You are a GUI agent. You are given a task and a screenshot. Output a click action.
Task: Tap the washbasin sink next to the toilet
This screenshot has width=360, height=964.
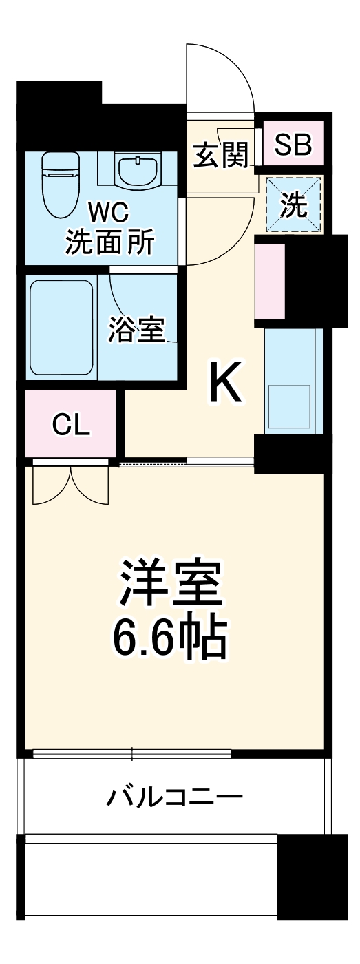point(138,169)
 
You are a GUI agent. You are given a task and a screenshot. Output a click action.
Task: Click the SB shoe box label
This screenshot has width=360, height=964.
point(293,145)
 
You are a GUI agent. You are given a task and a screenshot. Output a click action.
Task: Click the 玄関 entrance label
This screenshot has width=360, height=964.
point(220,156)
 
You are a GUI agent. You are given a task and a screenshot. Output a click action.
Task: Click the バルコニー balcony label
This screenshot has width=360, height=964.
point(175,799)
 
